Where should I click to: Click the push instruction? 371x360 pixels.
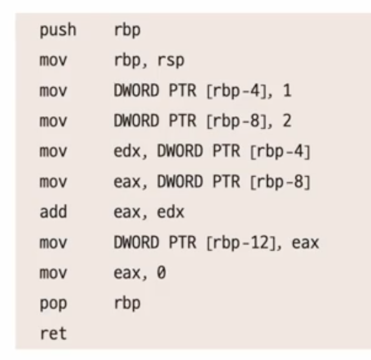(58, 30)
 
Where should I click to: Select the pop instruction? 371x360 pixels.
(53, 304)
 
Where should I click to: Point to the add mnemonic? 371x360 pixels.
(53, 212)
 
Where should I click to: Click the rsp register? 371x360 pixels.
(171, 61)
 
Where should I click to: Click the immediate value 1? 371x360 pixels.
(287, 90)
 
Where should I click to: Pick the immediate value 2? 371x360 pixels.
(287, 121)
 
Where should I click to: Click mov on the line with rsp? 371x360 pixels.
(53, 61)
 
